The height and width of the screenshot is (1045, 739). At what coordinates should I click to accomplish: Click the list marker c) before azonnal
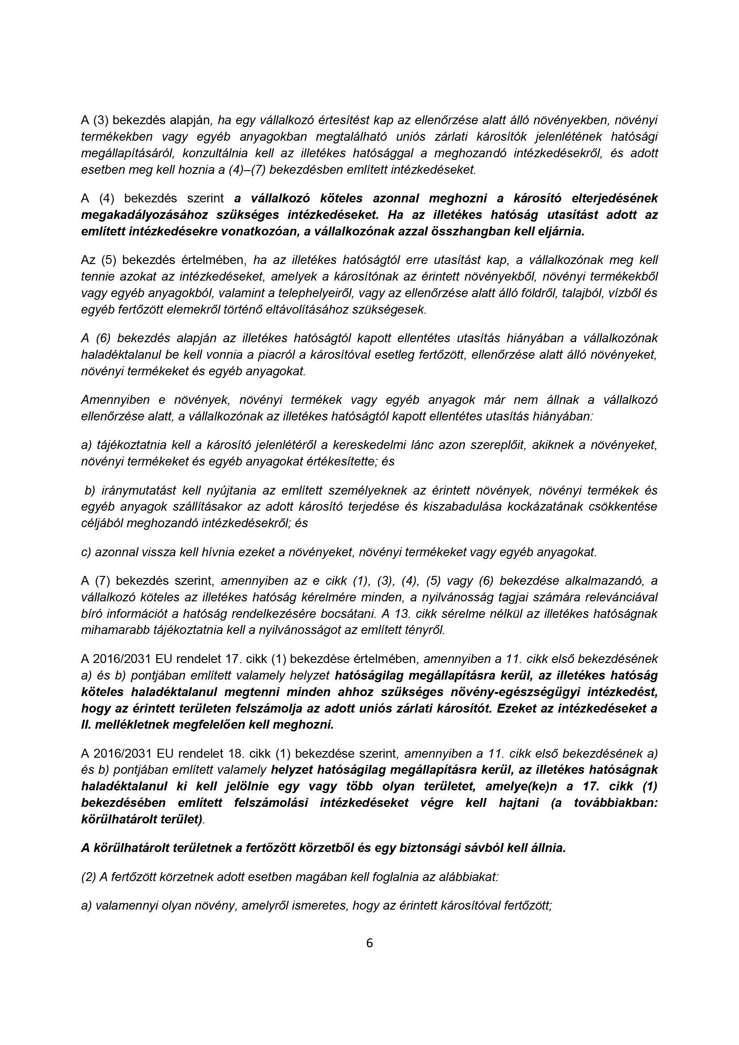[86, 552]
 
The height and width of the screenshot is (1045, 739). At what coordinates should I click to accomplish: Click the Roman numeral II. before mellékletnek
[88, 725]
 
